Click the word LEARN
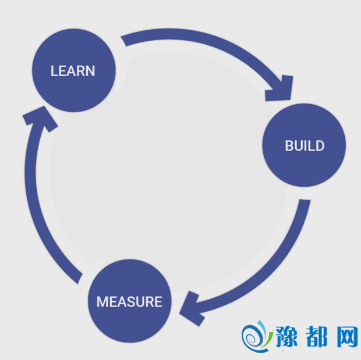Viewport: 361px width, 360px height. click(x=73, y=71)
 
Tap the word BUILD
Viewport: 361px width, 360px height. click(x=305, y=145)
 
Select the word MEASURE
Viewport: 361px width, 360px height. click(x=129, y=302)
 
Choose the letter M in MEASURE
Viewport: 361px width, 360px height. click(x=102, y=302)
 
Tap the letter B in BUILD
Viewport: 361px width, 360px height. click(x=289, y=145)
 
